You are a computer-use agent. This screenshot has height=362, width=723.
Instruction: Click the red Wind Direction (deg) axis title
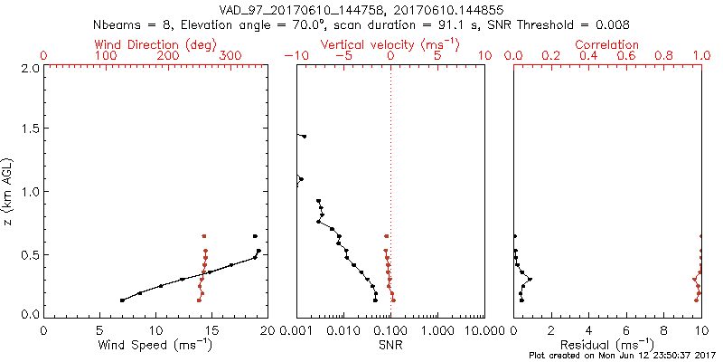(155, 44)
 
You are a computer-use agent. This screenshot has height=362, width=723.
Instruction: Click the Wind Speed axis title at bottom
(155, 345)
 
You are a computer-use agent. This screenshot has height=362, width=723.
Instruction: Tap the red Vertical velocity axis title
(390, 44)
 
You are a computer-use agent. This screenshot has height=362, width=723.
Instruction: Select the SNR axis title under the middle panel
(390, 345)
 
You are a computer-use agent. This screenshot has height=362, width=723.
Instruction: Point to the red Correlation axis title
(607, 44)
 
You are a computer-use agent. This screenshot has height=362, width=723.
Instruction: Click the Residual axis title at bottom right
(607, 345)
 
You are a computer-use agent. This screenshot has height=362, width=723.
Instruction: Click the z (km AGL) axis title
(9, 191)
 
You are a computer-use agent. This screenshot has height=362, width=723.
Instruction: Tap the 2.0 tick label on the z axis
(31, 68)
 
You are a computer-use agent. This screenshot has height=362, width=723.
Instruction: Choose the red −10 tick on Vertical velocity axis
(296, 56)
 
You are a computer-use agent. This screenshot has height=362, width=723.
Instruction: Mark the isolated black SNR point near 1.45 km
(304, 137)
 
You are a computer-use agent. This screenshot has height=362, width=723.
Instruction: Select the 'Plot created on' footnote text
(621, 356)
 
